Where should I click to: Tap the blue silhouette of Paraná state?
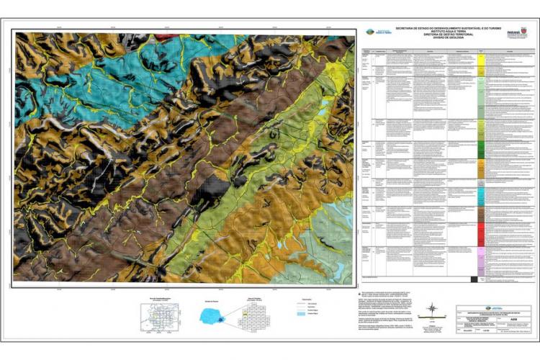point(214,315)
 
